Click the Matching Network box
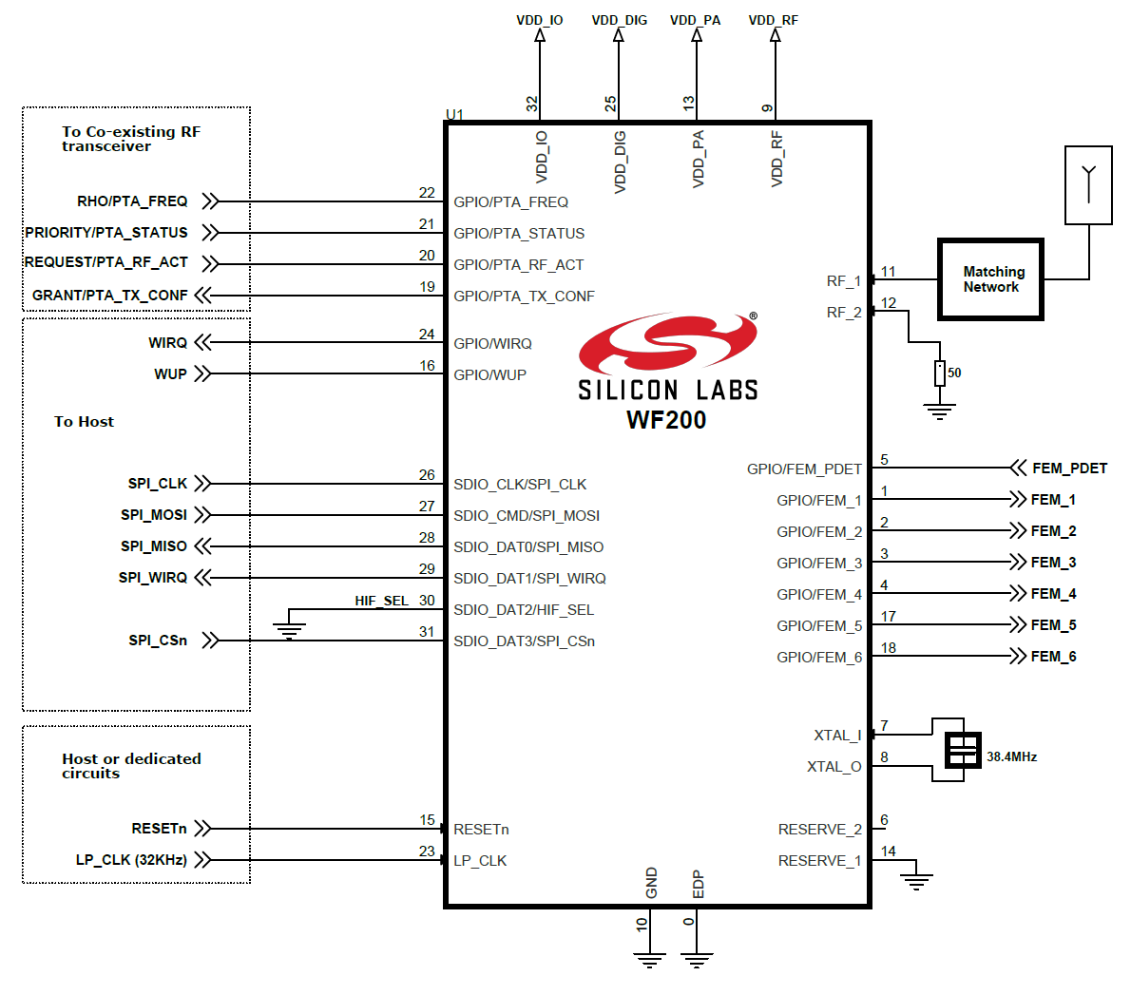tap(990, 279)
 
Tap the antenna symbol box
tap(1088, 185)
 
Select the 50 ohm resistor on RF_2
tap(939, 373)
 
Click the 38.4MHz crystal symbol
tap(963, 751)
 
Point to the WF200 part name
tap(666, 420)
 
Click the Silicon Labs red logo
tap(667, 343)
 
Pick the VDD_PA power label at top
tap(695, 20)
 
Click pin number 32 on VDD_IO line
tap(532, 103)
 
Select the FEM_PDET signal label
tap(1069, 469)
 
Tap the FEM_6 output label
tap(1053, 657)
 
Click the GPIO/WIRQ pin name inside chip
tap(492, 344)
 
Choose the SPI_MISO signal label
tap(154, 546)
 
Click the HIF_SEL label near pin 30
tap(381, 601)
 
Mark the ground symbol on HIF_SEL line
tap(289, 629)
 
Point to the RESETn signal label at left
tap(159, 829)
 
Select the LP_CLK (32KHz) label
tap(131, 860)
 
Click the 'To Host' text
tap(84, 422)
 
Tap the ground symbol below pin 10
tap(649, 961)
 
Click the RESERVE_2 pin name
tap(819, 830)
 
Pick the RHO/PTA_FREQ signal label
tap(132, 201)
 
